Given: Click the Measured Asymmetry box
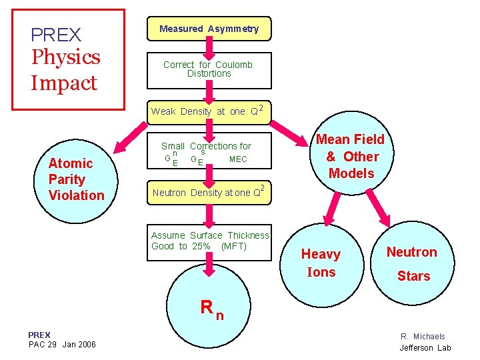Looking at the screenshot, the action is pyautogui.click(x=209, y=29).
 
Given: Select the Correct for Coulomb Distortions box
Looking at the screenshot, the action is pyautogui.click(x=209, y=71).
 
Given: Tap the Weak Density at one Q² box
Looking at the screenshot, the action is pyautogui.click(x=209, y=112).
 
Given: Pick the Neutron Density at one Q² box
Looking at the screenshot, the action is pyautogui.click(x=209, y=193).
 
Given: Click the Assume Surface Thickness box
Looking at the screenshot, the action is pyautogui.click(x=209, y=243).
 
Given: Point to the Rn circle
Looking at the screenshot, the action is pyautogui.click(x=209, y=306).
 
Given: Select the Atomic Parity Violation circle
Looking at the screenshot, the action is pyautogui.click(x=76, y=181).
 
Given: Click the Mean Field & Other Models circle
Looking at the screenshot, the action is pyautogui.click(x=352, y=153).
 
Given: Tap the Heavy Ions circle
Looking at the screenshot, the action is pyautogui.click(x=322, y=265).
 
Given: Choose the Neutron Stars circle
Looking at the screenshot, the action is pyautogui.click(x=413, y=263).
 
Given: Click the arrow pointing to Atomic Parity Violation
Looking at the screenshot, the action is pyautogui.click(x=130, y=138).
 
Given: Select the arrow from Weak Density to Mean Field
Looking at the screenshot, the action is pyautogui.click(x=289, y=133).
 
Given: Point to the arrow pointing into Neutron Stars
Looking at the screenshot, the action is pyautogui.click(x=379, y=208).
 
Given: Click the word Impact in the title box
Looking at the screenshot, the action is pyautogui.click(x=64, y=83).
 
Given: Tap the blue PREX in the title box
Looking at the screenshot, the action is pyautogui.click(x=56, y=35).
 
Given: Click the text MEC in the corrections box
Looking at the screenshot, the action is pyautogui.click(x=238, y=159).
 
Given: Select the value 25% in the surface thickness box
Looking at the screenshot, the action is pyautogui.click(x=201, y=246).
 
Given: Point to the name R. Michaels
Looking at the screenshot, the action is pyautogui.click(x=423, y=337).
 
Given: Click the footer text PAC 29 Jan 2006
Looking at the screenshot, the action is pyautogui.click(x=62, y=345).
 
